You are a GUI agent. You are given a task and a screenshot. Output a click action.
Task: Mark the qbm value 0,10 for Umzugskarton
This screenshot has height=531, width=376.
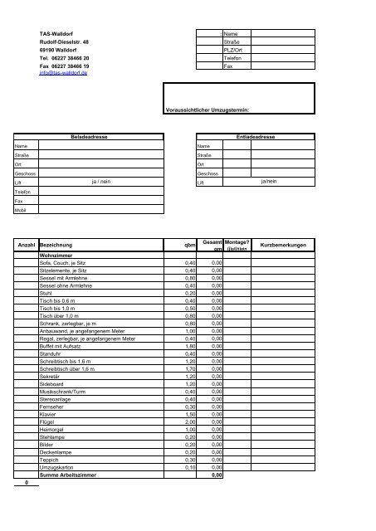tap(190, 466)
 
